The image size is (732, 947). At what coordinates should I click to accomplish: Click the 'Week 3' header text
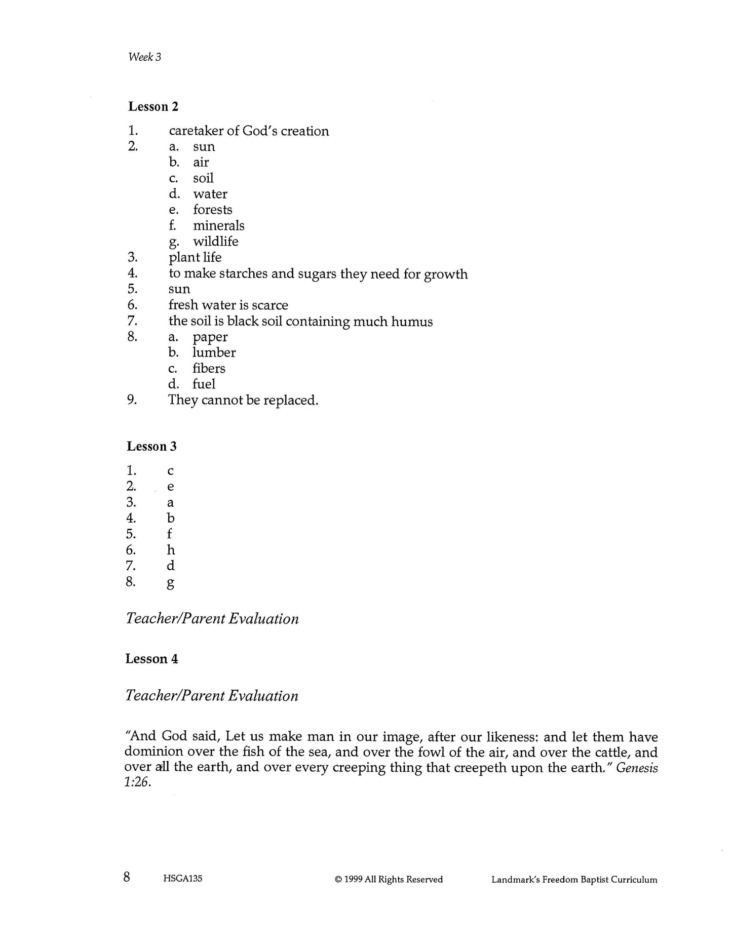point(144,57)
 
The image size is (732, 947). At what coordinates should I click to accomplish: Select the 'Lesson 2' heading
point(153,107)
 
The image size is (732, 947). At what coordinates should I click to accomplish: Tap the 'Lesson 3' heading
point(151,447)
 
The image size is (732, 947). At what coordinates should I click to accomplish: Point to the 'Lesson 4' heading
point(151,659)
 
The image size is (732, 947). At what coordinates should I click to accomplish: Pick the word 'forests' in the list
point(212,210)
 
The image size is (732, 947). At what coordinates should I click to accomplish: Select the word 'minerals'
point(218,226)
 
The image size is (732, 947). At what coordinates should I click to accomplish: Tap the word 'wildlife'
point(215,242)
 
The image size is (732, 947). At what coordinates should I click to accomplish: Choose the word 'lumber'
point(214,352)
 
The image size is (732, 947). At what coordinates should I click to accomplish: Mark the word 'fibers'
point(209,369)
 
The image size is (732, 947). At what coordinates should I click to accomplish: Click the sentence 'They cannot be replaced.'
point(243,400)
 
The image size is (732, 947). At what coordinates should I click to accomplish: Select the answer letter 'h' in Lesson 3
point(171,550)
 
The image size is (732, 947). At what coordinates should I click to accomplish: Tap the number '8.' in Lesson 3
point(131,581)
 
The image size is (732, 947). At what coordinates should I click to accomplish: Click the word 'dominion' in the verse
point(155,753)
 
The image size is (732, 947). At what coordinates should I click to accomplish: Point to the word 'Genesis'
point(637,768)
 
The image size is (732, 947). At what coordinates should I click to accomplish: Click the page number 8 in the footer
point(127,877)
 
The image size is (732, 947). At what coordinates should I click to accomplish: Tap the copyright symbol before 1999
point(338,880)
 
